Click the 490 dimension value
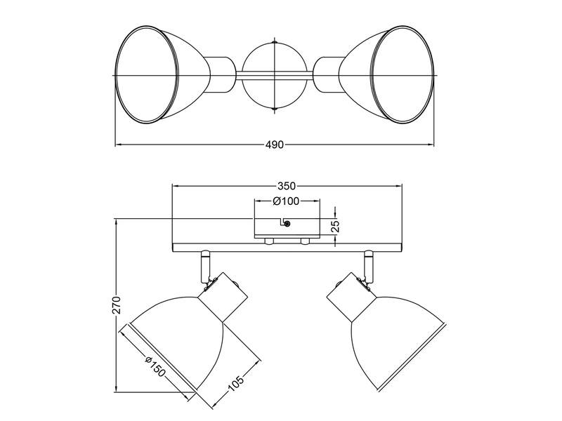point(274,145)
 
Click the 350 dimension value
point(286,187)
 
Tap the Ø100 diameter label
point(286,201)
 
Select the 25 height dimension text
point(335,225)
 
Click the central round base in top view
point(274,75)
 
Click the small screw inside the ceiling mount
point(287,224)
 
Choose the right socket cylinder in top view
point(325,74)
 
